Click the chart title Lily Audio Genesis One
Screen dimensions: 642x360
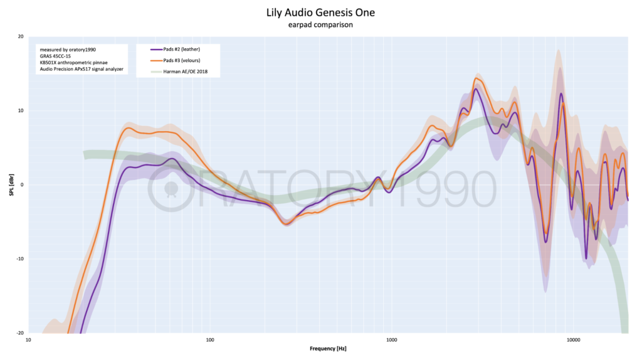320,13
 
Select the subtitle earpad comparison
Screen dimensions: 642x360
320,24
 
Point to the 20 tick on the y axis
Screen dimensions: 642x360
21,36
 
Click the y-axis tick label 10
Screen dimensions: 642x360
21,110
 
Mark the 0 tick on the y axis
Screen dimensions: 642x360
22,185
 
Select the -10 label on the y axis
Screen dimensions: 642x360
20,259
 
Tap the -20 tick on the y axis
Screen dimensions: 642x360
20,333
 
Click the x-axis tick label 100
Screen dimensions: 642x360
210,340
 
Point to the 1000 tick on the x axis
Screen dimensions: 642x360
392,340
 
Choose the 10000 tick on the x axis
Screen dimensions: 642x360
573,340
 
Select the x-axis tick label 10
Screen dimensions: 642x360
28,340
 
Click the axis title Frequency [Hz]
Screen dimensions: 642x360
328,349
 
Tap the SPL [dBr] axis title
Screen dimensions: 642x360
11,185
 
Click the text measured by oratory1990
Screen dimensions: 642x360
68,50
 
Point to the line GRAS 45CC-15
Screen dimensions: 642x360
55,56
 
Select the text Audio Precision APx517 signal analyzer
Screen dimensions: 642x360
82,69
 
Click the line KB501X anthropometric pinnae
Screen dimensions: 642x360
74,63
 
